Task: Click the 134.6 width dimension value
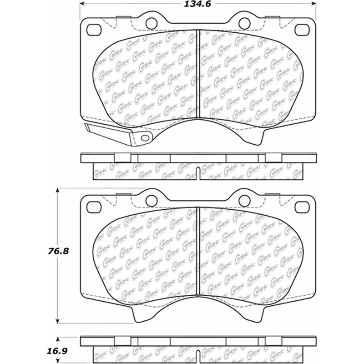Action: point(197,5)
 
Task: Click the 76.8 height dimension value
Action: point(58,251)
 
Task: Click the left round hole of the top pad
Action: point(152,22)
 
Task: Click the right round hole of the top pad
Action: point(244,22)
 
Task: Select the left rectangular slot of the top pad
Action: point(94,30)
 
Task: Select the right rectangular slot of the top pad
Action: point(303,30)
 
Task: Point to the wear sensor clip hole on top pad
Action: point(145,138)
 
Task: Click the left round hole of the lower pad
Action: point(152,200)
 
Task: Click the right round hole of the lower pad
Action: point(244,200)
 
